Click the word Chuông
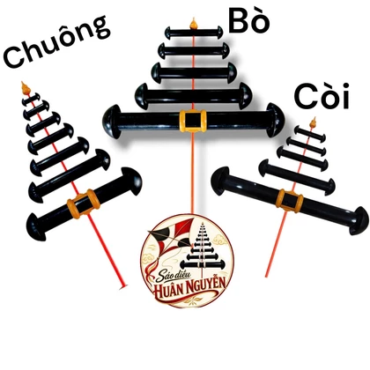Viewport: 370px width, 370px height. [56, 41]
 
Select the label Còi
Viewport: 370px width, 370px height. [322, 96]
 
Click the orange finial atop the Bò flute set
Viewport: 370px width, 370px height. [193, 24]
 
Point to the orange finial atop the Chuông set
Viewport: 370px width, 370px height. [26, 88]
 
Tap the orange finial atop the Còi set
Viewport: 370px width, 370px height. [314, 122]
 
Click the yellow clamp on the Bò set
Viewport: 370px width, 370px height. [193, 121]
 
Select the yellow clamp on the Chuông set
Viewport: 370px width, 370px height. [84, 203]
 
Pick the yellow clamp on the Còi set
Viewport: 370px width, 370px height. [290, 200]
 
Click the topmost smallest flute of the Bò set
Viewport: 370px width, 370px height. [194, 33]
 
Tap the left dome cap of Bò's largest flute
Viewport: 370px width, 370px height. [112, 122]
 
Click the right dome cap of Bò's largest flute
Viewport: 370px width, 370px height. [276, 120]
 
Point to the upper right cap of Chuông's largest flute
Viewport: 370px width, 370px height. [132, 181]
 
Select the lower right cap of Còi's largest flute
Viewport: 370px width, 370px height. [359, 220]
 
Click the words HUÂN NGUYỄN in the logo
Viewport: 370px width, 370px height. [190, 286]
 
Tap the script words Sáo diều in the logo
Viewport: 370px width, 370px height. [174, 276]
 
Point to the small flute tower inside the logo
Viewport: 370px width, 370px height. [203, 248]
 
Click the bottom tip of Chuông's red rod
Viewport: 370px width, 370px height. [124, 286]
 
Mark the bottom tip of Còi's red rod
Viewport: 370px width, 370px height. [266, 276]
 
